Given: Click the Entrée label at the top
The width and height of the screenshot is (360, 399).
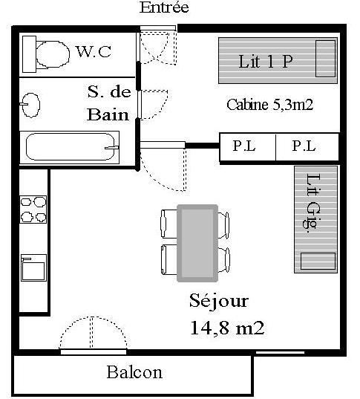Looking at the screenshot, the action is pos(164,7).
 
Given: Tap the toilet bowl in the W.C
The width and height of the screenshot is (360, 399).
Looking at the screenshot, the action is pos(53,54).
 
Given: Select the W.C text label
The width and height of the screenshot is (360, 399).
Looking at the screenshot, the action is pos(94,52).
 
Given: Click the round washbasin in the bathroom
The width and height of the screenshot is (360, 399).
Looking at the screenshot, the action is pos(31,105).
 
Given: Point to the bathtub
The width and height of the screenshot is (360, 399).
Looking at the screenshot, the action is pos(70,147).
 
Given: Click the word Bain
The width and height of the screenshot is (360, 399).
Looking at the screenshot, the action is pos(108,114).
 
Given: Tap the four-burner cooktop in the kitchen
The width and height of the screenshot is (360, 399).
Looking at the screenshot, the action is pos(33,210).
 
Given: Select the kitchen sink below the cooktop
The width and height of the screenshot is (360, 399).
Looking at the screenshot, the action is pos(33,267).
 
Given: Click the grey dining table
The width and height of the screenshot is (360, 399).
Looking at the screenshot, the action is pos(197,243).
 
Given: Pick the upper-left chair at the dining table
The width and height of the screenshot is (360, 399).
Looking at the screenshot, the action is pos(168,224).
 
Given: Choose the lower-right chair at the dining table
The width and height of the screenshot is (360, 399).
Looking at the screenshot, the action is pos(224,260).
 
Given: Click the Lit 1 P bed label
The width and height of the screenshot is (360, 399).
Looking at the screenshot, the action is pos(266,62).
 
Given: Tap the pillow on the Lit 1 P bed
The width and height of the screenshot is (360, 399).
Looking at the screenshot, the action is pos(325,59).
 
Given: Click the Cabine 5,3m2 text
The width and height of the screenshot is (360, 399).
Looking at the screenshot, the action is pos(269,105).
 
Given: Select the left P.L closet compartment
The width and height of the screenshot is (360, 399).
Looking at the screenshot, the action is pos(248,147).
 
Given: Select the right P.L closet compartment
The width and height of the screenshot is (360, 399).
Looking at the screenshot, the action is pos(307,147).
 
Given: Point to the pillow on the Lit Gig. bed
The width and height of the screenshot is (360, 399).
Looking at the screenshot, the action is pos(318,261).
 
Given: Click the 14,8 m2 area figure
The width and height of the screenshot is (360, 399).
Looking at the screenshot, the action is pos(227,328).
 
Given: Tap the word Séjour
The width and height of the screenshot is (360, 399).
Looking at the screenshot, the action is pos(219,302).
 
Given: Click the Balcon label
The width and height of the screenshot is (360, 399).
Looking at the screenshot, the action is pos(134,372).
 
